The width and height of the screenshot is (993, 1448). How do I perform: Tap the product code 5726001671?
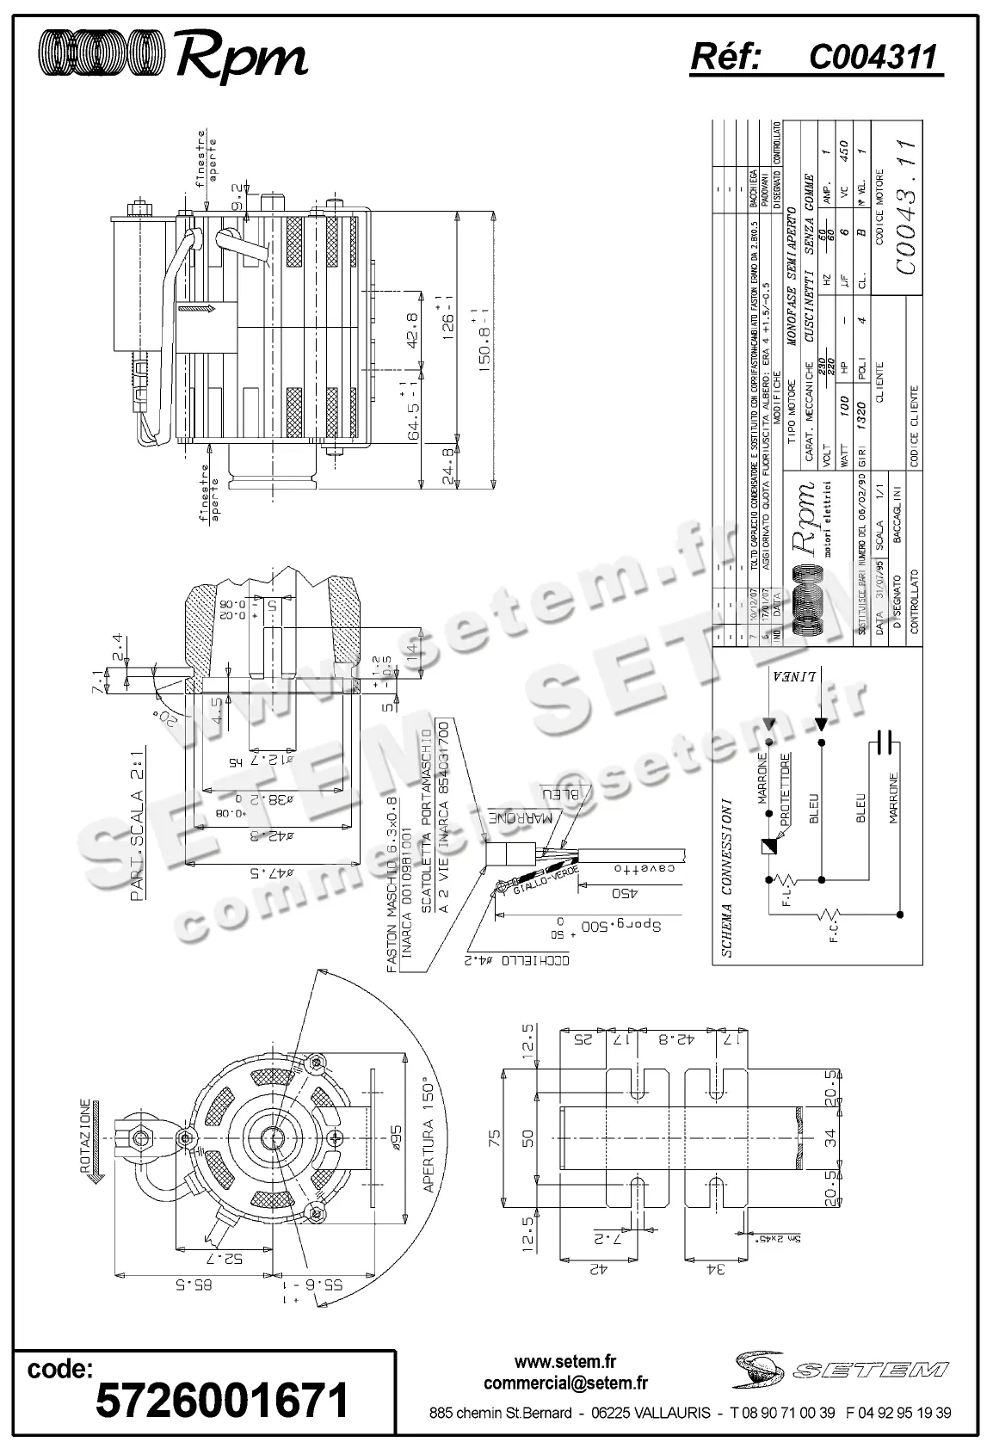pos(222,1400)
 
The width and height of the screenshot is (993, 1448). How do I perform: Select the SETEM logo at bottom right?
pos(840,1369)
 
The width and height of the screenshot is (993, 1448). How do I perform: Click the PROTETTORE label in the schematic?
pos(785,789)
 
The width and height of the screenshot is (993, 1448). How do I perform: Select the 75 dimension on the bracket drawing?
pos(494,1138)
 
